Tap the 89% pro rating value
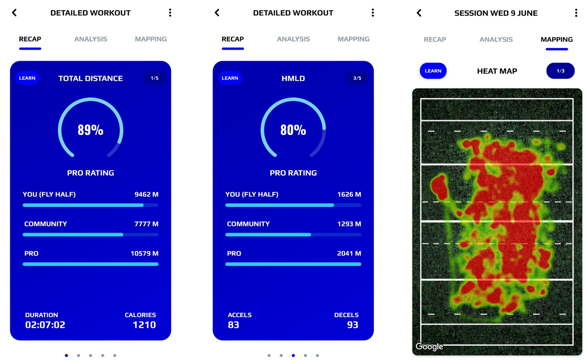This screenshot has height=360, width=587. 90,130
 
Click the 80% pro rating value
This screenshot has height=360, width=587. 293,130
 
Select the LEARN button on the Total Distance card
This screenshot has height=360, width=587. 27,78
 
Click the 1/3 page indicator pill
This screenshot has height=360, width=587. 560,71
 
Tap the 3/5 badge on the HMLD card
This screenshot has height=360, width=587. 357,78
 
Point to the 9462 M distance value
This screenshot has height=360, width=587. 146,194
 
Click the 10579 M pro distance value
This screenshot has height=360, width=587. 144,254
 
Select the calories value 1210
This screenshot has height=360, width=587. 144,325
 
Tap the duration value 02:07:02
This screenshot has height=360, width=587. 45,325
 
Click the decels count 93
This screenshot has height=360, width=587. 353,325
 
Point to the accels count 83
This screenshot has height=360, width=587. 234,325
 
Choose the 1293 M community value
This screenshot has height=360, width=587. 349,224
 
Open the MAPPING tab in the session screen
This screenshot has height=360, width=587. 556,40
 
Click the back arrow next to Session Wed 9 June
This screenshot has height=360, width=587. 419,13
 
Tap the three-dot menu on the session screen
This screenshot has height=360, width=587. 576,13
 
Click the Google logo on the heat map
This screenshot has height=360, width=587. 429,347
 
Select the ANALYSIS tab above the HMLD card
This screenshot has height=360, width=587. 293,39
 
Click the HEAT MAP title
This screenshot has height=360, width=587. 497,71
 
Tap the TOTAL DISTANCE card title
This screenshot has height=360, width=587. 90,78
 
